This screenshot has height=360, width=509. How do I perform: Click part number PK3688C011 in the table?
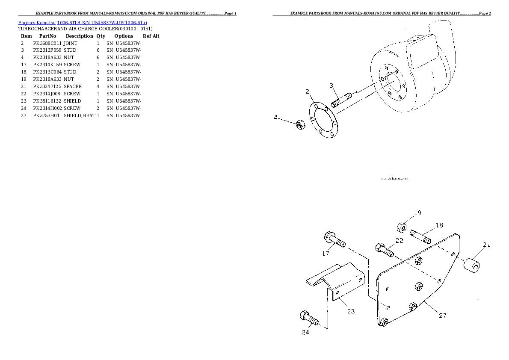pyautogui.click(x=47, y=43)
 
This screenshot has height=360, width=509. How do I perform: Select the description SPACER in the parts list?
pyautogui.click(x=73, y=87)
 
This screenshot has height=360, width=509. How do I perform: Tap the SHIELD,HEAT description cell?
pyautogui.click(x=80, y=116)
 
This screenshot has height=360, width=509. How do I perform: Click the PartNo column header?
pyautogui.click(x=47, y=36)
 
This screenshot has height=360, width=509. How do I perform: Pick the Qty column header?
pyautogui.click(x=101, y=36)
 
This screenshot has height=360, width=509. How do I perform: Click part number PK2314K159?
pyautogui.click(x=47, y=65)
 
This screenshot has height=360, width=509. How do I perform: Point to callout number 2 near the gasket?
pyautogui.click(x=307, y=91)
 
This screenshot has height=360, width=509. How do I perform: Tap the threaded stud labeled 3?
pyautogui.click(x=341, y=100)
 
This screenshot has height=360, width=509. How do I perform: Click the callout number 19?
pyautogui.click(x=417, y=213)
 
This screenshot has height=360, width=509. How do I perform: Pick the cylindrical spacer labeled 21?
pyautogui.click(x=472, y=263)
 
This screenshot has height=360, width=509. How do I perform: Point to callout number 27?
pyautogui.click(x=443, y=316)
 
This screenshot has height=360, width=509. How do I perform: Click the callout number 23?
pyautogui.click(x=351, y=311)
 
